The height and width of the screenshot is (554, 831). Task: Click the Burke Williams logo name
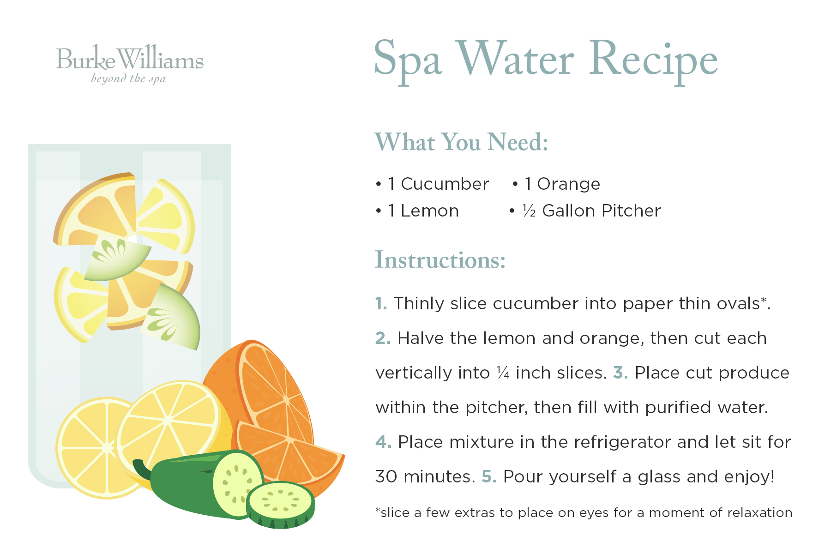click(130, 59)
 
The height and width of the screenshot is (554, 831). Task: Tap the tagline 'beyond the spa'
click(128, 78)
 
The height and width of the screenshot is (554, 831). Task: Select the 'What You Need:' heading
click(462, 142)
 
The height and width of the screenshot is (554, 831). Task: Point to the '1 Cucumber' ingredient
click(438, 184)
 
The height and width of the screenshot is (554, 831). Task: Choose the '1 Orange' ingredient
click(562, 184)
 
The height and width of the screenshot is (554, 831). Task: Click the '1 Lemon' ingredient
click(423, 211)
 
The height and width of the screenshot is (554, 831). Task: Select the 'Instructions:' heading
click(440, 260)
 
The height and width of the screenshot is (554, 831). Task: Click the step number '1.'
click(381, 303)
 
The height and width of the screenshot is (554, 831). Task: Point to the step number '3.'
click(620, 373)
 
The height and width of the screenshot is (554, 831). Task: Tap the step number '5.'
click(489, 476)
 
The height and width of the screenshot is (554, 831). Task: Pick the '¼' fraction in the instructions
click(503, 373)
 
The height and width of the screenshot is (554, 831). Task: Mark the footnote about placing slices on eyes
click(584, 512)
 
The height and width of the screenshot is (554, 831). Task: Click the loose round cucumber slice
click(281, 505)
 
